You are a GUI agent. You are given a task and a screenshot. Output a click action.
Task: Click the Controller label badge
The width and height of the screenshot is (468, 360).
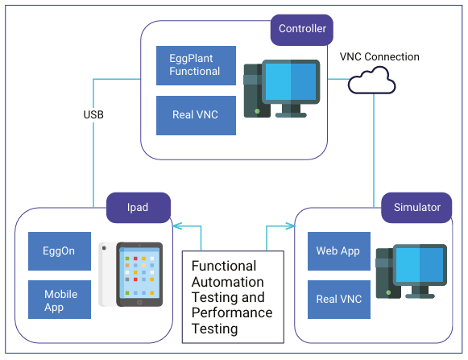[x=302, y=30]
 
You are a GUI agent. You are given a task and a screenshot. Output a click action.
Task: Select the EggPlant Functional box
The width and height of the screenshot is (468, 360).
[x=196, y=65]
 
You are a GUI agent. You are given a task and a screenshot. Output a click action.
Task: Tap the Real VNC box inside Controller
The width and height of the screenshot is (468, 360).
[x=196, y=115]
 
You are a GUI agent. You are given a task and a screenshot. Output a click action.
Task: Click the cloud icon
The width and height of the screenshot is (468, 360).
[x=372, y=81]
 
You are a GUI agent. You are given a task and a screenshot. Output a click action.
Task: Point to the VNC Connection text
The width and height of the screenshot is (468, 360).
[x=379, y=56]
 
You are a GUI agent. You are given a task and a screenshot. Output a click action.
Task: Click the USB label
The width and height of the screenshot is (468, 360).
[x=93, y=114]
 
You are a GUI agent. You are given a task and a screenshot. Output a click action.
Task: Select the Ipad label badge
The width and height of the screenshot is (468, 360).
[x=139, y=208]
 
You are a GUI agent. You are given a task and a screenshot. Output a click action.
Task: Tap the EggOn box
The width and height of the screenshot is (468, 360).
[x=60, y=251]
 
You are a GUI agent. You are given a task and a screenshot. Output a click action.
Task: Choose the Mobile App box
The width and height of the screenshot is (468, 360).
[x=60, y=300]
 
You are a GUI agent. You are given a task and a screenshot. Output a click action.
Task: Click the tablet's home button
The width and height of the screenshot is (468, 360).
[x=139, y=302]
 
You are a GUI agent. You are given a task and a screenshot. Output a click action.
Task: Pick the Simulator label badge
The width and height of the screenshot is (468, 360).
[x=416, y=208]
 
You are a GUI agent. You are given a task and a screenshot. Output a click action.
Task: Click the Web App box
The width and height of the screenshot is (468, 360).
[x=339, y=251]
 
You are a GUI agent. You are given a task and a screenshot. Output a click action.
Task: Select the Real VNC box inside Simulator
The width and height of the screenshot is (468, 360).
[x=339, y=300]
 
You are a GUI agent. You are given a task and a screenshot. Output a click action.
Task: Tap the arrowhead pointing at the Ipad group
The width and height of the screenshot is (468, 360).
[x=177, y=226]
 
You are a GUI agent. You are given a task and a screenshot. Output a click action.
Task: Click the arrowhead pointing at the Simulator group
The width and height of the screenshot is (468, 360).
[x=291, y=226]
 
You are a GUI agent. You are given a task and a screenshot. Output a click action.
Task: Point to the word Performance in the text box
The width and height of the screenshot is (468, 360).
[x=232, y=312]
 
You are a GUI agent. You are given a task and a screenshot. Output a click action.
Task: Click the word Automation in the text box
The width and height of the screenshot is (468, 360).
[x=228, y=282]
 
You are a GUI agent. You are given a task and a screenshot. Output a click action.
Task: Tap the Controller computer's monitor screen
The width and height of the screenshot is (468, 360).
[x=291, y=81]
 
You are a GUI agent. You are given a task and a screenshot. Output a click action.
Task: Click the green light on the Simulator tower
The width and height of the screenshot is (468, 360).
[x=388, y=292]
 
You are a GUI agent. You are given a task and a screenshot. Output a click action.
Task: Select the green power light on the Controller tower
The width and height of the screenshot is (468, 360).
[x=257, y=111]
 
